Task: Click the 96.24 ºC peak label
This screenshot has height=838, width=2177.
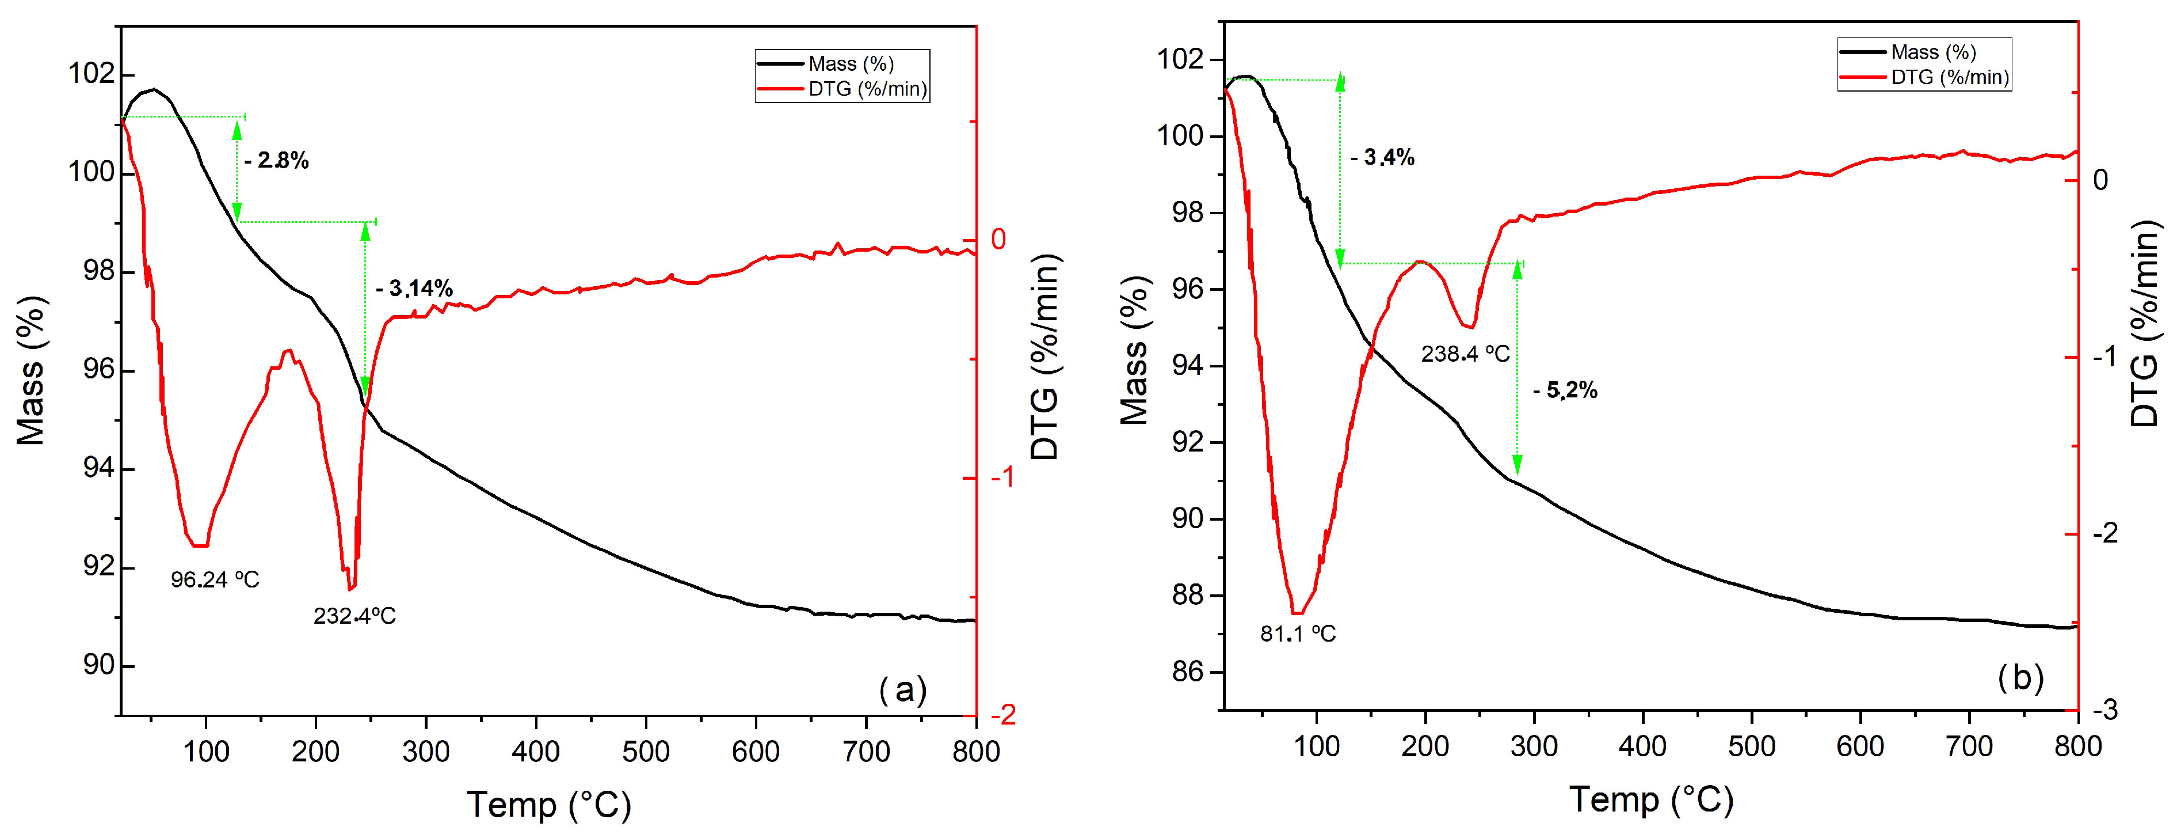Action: click(x=215, y=580)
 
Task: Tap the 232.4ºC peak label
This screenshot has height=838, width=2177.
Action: click(x=354, y=616)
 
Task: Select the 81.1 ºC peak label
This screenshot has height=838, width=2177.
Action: click(x=1298, y=634)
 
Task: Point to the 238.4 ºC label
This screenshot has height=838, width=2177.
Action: click(x=1465, y=354)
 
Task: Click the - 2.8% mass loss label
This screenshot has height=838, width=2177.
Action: click(x=276, y=161)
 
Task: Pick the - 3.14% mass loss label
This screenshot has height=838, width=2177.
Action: click(x=414, y=289)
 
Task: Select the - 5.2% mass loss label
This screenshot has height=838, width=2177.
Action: click(x=1565, y=390)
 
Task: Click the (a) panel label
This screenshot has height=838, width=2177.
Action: click(x=902, y=690)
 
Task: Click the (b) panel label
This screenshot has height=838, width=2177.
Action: click(x=2020, y=678)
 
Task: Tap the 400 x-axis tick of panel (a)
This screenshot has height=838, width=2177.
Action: click(x=536, y=752)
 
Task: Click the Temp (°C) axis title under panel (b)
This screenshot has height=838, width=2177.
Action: click(x=1652, y=800)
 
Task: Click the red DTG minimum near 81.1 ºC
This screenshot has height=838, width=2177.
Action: click(x=1298, y=612)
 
